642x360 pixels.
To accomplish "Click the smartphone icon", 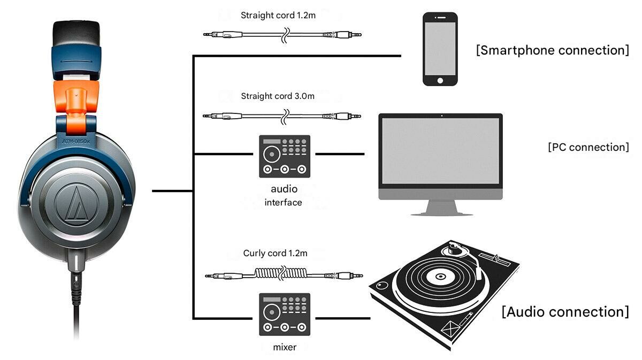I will click(x=440, y=49).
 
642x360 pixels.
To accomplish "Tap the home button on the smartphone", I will click(x=440, y=80).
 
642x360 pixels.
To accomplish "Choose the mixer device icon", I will click(x=285, y=315).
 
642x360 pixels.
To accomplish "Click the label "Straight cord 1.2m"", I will click(x=278, y=16).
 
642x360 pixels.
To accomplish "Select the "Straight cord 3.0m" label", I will click(x=278, y=96).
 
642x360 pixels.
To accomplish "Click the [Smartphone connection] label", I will click(x=552, y=50).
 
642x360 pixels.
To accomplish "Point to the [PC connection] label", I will click(x=588, y=147).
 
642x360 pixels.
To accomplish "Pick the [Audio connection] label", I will click(x=565, y=311).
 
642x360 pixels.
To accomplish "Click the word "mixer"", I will click(x=285, y=347).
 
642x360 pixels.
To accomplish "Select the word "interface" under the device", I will click(x=283, y=203).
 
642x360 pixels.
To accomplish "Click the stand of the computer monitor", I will click(x=441, y=208).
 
